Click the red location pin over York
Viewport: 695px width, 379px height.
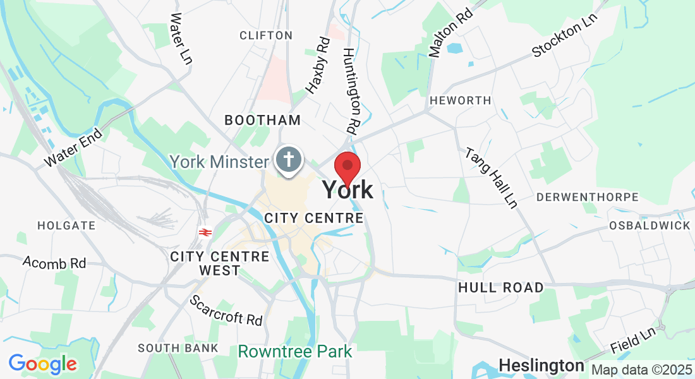click(347, 166)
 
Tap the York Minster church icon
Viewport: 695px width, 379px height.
click(290, 159)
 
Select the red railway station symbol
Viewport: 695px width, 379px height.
click(204, 232)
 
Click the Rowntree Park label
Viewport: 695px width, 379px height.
click(295, 351)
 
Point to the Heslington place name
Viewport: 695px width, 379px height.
click(541, 365)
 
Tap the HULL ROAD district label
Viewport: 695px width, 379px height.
click(500, 287)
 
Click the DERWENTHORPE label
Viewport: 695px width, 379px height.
click(588, 197)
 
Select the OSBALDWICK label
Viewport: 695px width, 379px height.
click(650, 226)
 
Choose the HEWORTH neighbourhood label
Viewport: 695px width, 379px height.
click(459, 100)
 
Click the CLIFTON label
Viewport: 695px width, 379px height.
click(266, 35)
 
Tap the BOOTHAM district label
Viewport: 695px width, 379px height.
click(262, 119)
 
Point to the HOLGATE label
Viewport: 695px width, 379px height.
click(66, 225)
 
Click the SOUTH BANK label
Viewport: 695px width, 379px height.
click(178, 348)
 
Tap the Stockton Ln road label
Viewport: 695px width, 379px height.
click(564, 35)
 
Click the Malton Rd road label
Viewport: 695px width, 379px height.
click(451, 33)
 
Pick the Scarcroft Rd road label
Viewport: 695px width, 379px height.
click(226, 310)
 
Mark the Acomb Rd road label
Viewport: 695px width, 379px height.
click(54, 262)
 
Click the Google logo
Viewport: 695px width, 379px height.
click(42, 364)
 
